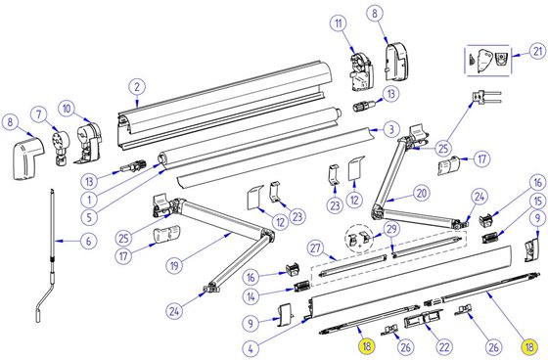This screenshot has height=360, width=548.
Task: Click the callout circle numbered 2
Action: (x=137, y=86)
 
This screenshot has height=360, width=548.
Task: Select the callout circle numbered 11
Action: (x=337, y=22)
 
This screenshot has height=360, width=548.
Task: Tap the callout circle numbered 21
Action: (x=534, y=52)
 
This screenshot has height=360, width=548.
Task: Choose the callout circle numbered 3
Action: (x=388, y=128)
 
